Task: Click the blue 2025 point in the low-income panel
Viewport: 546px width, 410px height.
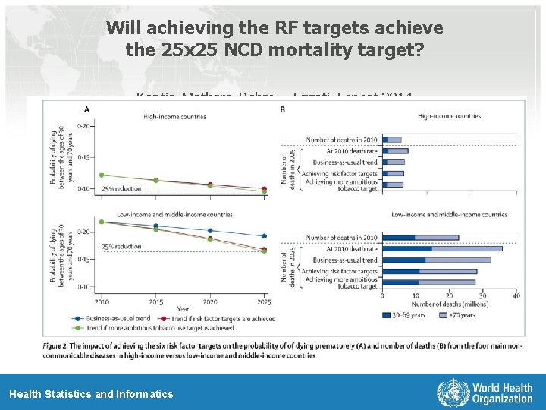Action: coord(264,236)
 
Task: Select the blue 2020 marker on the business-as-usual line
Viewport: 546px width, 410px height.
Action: coord(210,230)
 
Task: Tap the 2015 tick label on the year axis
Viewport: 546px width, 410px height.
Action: coord(155,301)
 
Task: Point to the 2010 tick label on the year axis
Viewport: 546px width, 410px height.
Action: coord(101,301)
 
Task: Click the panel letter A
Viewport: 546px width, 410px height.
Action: coord(87,109)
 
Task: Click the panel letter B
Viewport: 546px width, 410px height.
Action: coord(283,109)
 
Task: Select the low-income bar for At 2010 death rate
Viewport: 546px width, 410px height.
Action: coord(442,248)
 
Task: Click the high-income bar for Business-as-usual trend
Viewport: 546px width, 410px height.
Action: coord(394,162)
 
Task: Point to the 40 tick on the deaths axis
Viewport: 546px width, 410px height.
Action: coord(516,295)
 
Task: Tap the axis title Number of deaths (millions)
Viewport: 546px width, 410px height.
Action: coord(450,304)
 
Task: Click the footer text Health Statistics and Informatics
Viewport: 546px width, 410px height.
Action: coord(91,394)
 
